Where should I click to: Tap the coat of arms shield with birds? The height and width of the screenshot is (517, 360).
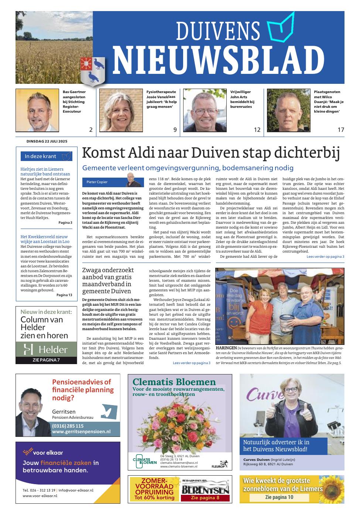[x=93, y=70]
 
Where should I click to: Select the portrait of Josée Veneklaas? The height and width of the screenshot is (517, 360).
[x=121, y=110]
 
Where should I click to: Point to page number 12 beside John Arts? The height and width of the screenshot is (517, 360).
[x=257, y=130]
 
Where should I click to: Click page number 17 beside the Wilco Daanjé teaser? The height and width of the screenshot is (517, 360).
[x=341, y=130]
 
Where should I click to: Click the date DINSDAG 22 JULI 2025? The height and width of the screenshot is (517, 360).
[x=47, y=141]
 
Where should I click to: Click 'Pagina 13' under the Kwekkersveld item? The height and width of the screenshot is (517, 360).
[x=64, y=295]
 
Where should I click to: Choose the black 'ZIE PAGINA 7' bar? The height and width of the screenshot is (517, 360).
[x=47, y=360]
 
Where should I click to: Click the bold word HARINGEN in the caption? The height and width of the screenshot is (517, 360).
[x=226, y=348]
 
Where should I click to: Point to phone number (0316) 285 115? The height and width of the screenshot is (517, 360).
[x=68, y=426]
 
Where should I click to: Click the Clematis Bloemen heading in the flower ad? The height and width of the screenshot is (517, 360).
[x=174, y=382]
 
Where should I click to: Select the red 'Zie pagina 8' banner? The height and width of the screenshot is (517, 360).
[x=205, y=498]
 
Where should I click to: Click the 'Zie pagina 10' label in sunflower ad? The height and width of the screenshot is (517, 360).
[x=279, y=497]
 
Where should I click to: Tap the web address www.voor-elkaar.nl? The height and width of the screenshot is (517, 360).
[x=40, y=496]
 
